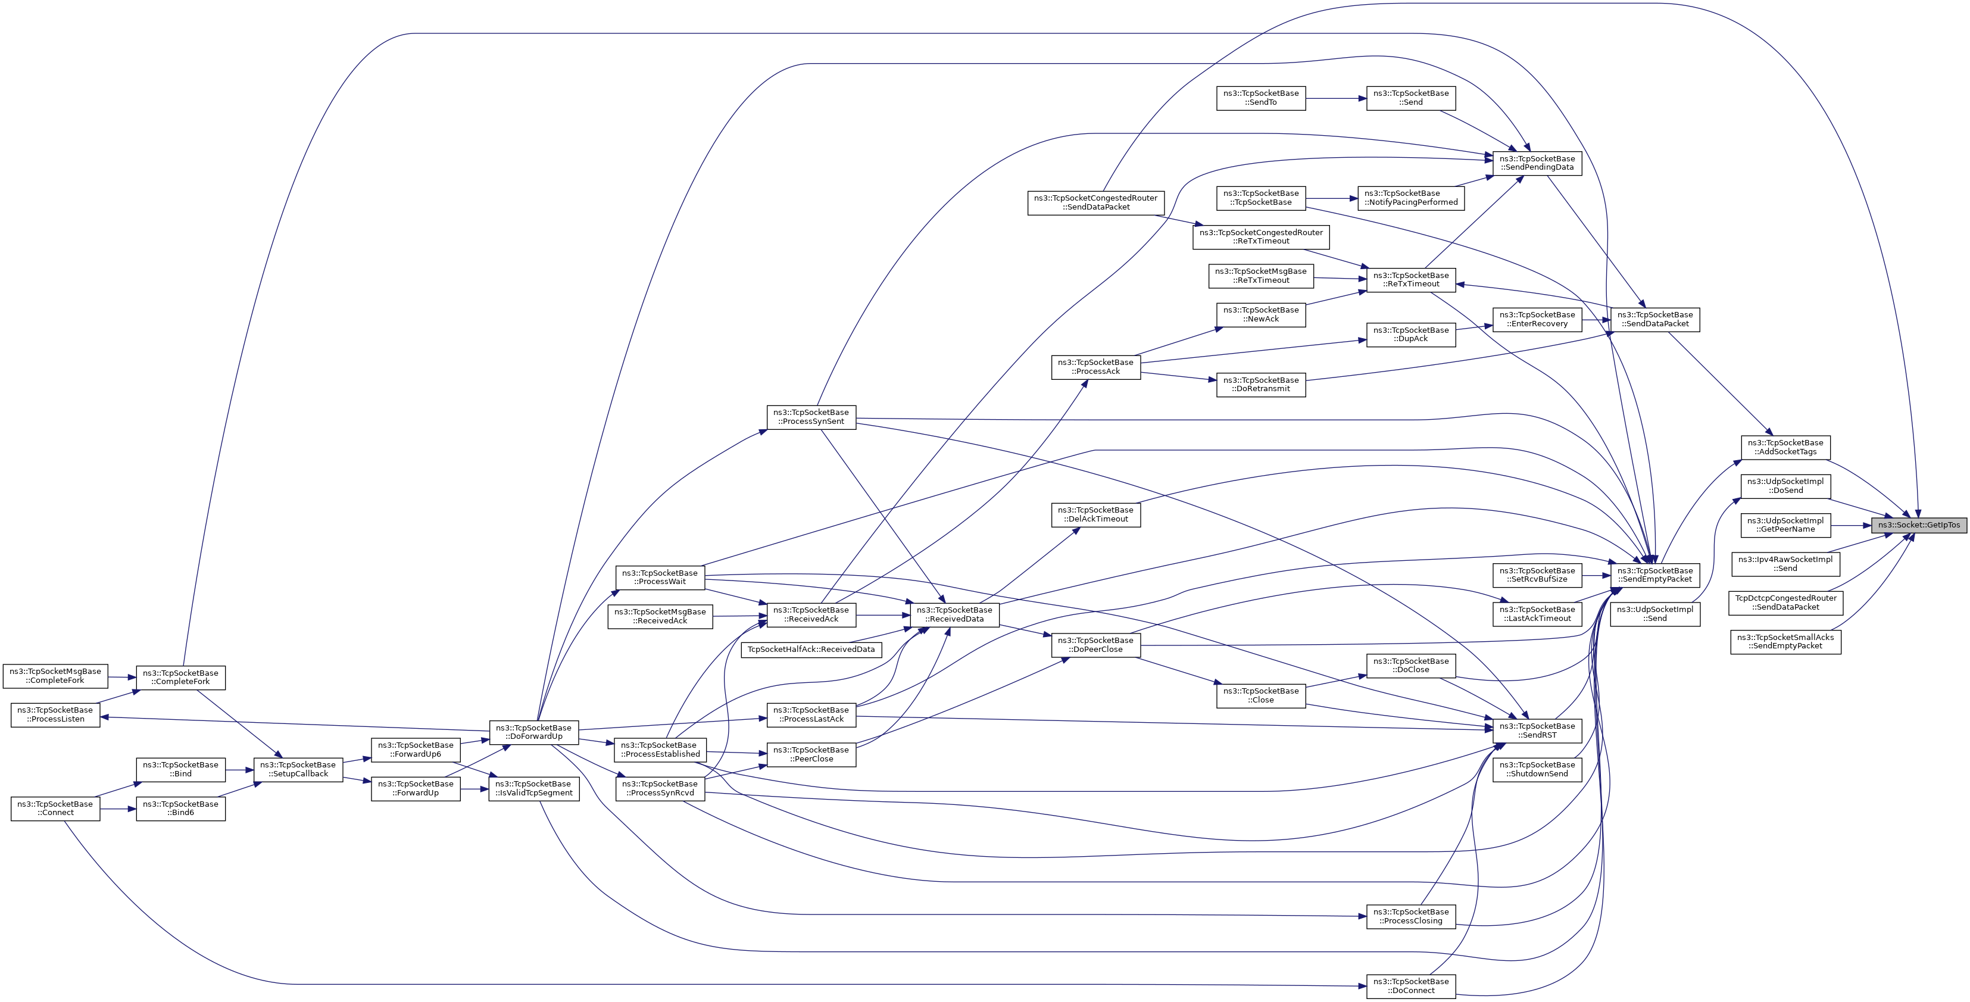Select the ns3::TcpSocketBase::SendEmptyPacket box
click(1655, 575)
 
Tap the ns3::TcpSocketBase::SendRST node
click(1537, 731)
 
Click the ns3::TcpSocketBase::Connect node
click(55, 809)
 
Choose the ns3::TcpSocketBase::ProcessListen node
click(55, 714)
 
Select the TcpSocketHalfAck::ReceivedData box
click(811, 650)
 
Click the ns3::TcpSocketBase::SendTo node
click(1260, 98)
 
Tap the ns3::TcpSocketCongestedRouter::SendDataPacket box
click(1095, 202)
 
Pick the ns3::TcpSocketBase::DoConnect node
click(1410, 986)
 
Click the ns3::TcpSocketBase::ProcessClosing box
click(1410, 916)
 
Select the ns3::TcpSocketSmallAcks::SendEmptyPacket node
click(1785, 642)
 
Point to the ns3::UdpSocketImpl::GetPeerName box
click(1785, 525)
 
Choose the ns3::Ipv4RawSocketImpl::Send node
click(1785, 564)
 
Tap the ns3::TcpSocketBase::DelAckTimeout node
click(1095, 515)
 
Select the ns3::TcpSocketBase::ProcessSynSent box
click(811, 417)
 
